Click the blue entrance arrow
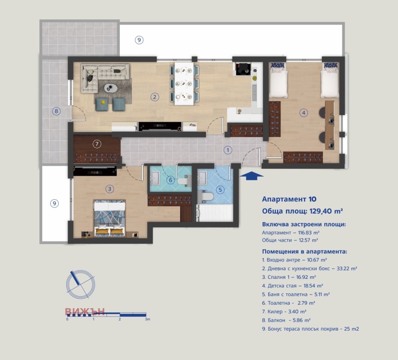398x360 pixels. [x=252, y=175]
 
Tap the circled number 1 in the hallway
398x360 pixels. [x=227, y=149]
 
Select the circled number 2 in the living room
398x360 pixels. [x=155, y=97]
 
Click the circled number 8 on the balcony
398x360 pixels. [x=57, y=112]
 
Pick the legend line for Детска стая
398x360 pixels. [x=293, y=286]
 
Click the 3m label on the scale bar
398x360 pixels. [x=147, y=320]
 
